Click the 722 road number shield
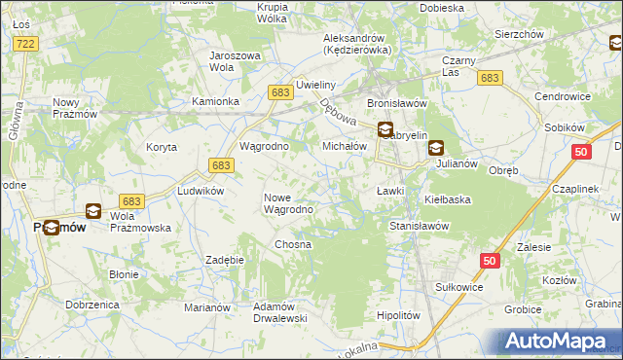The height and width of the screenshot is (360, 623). point(26,45)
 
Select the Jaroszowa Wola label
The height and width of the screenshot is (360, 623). point(235,61)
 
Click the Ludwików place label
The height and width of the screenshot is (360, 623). point(201,191)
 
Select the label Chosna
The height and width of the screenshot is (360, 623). point(292,244)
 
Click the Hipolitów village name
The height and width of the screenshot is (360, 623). point(397,315)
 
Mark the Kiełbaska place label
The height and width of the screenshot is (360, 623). point(448,199)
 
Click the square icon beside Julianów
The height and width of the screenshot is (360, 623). point(435,149)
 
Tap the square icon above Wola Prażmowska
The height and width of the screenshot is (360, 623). point(92,210)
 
